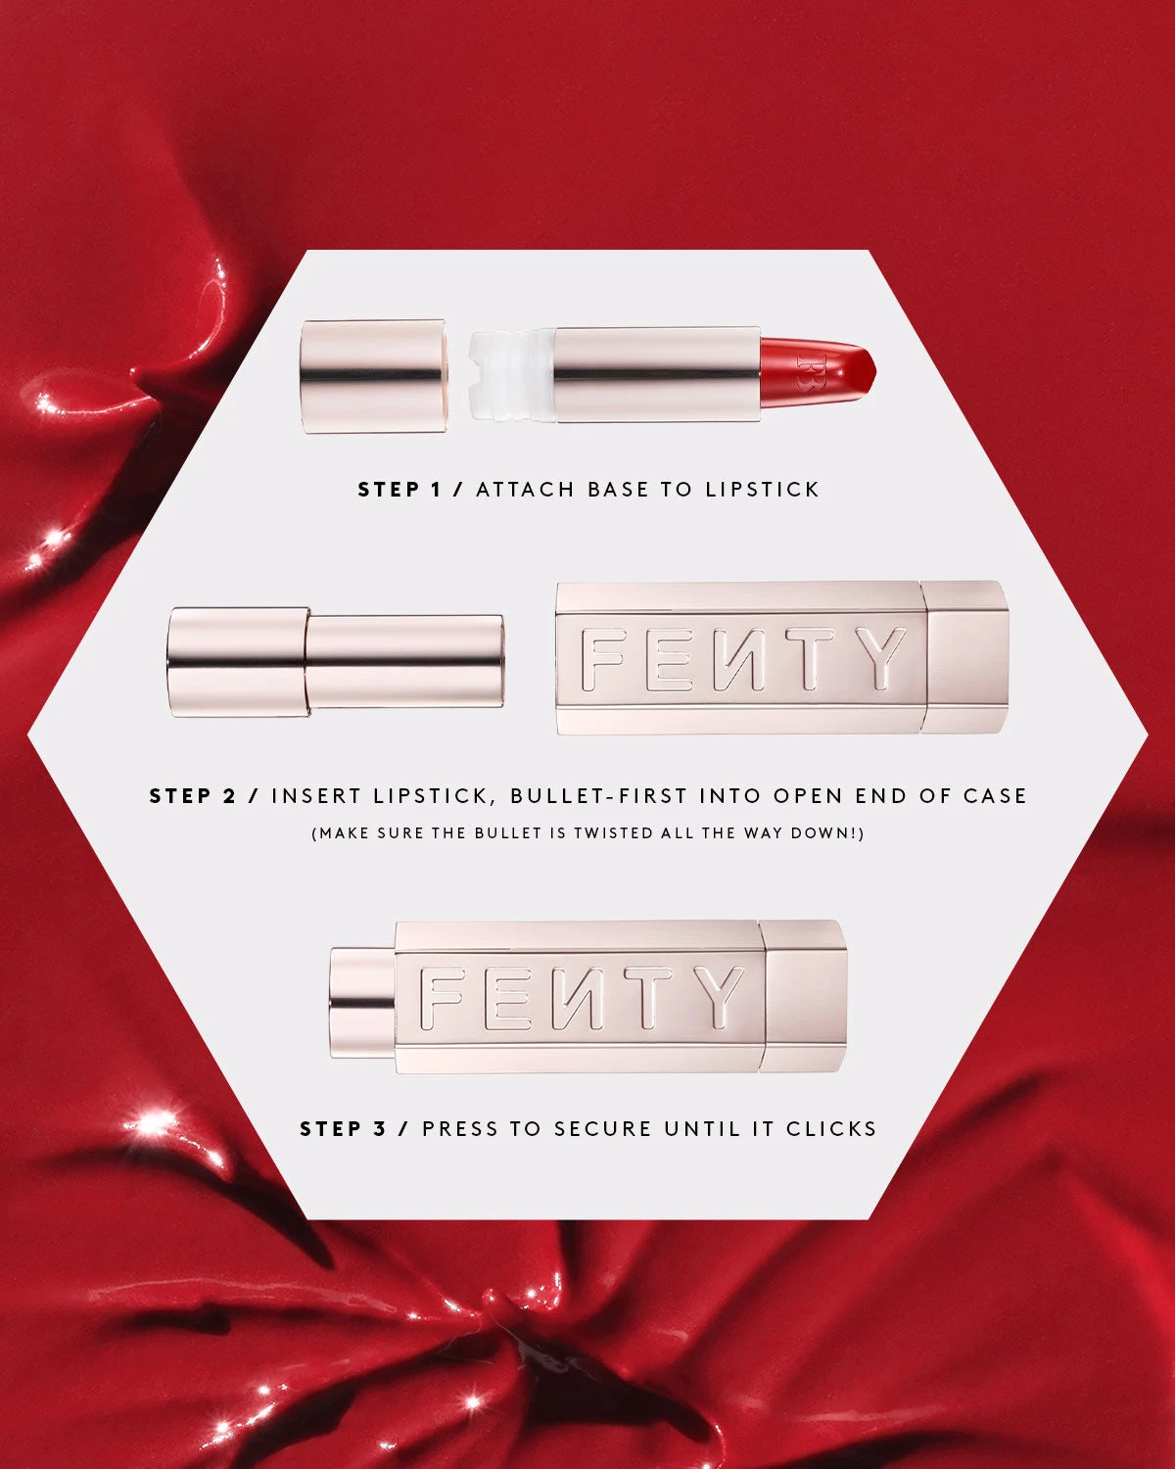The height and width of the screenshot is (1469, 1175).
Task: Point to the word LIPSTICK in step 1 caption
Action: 762,490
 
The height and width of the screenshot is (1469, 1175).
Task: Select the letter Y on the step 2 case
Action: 874,659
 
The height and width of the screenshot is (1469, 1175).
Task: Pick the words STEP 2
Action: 193,796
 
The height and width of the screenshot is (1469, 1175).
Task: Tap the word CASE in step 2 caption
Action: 994,796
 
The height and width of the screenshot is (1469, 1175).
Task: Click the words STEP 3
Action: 344,1129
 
